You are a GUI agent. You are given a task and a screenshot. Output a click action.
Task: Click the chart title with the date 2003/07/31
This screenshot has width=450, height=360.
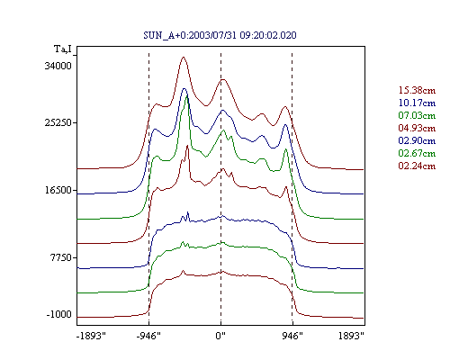click(x=220, y=35)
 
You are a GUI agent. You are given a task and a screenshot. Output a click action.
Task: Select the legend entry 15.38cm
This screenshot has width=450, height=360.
click(x=417, y=90)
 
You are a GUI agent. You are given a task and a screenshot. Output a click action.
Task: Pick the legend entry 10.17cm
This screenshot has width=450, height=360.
click(x=417, y=103)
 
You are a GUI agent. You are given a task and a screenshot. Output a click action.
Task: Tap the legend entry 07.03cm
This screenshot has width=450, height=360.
click(x=417, y=115)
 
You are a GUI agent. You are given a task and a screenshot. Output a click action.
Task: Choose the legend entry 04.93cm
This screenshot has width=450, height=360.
click(x=417, y=128)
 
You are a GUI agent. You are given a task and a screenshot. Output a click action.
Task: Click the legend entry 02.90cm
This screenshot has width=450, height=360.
click(x=417, y=140)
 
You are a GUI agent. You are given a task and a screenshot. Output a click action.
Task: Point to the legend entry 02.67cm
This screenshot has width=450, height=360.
click(x=417, y=153)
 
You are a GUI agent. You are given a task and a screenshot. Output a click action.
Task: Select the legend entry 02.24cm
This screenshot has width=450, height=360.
click(x=417, y=166)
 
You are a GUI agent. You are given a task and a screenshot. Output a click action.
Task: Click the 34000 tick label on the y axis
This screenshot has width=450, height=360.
click(x=58, y=66)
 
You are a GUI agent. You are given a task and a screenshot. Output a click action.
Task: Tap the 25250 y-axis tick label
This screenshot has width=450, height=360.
click(x=58, y=122)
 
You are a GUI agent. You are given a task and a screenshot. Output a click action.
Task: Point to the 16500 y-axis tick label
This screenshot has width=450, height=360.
click(x=58, y=190)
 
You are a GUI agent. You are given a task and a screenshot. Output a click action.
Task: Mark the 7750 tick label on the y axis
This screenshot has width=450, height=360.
click(x=61, y=257)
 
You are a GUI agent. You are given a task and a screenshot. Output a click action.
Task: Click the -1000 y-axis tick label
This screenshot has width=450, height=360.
click(x=58, y=314)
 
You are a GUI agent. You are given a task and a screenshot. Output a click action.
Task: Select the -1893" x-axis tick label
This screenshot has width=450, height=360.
click(x=91, y=336)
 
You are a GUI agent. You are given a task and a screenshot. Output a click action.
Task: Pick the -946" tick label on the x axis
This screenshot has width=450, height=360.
click(x=148, y=336)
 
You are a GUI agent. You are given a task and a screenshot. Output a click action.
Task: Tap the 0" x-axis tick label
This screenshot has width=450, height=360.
click(x=220, y=336)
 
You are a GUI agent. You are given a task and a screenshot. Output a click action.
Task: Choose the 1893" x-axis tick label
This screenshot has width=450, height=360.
click(x=351, y=336)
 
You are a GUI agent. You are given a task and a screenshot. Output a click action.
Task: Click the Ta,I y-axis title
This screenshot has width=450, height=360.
click(x=63, y=49)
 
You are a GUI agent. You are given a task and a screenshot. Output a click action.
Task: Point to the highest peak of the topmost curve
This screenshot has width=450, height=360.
click(x=184, y=57)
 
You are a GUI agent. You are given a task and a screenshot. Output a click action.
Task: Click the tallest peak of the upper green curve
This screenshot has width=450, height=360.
click(x=187, y=96)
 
